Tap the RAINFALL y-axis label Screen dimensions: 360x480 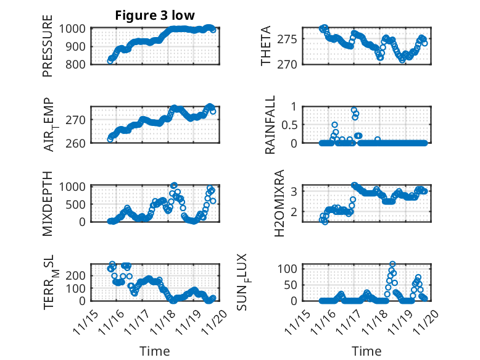(270, 125)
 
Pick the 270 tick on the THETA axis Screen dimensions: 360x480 (292, 64)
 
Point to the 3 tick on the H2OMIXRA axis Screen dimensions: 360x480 (297, 191)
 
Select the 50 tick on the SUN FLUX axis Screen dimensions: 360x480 (294, 285)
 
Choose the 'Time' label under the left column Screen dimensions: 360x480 (154, 351)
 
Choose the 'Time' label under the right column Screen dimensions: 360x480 (367, 351)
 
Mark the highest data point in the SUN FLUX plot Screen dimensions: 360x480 (392, 264)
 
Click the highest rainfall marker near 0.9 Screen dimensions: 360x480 (354, 111)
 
